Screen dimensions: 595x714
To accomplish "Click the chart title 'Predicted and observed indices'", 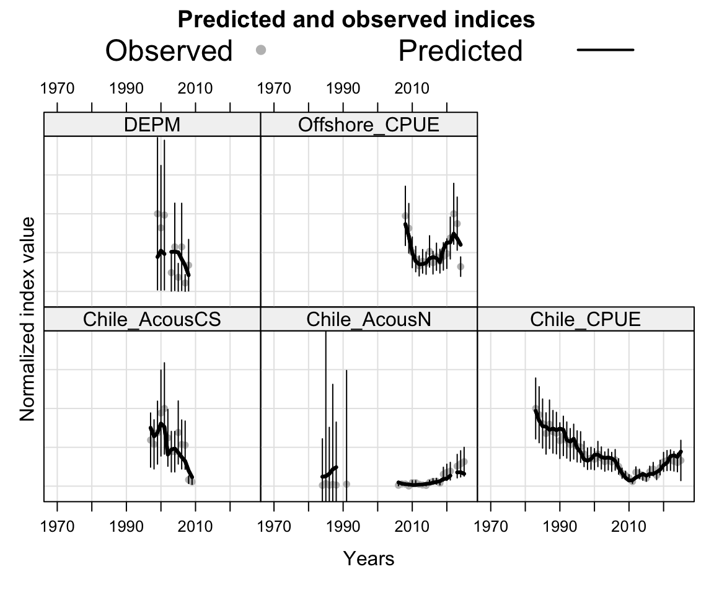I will [356, 20].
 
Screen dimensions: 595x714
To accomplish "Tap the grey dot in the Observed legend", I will [261, 50].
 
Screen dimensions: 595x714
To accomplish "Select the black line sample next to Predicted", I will [605, 50].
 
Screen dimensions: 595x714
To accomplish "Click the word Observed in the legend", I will [169, 51].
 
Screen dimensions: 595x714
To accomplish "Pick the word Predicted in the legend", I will [461, 51].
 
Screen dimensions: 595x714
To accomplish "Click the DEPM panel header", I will [152, 125].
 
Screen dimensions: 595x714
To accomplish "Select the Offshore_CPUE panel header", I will [369, 125].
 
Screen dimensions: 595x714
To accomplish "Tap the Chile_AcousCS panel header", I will [152, 320].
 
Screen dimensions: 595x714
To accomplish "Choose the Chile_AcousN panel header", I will [369, 320].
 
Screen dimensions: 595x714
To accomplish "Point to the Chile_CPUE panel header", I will [586, 320].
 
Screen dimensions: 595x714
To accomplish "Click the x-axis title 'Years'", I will [369, 559].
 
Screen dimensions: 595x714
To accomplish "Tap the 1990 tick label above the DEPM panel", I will [126, 89].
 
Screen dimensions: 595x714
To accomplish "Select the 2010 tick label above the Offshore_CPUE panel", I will [412, 89].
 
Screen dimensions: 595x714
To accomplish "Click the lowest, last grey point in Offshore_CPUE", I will [461, 267].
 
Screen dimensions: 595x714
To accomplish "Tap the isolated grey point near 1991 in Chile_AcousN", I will [346, 484].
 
